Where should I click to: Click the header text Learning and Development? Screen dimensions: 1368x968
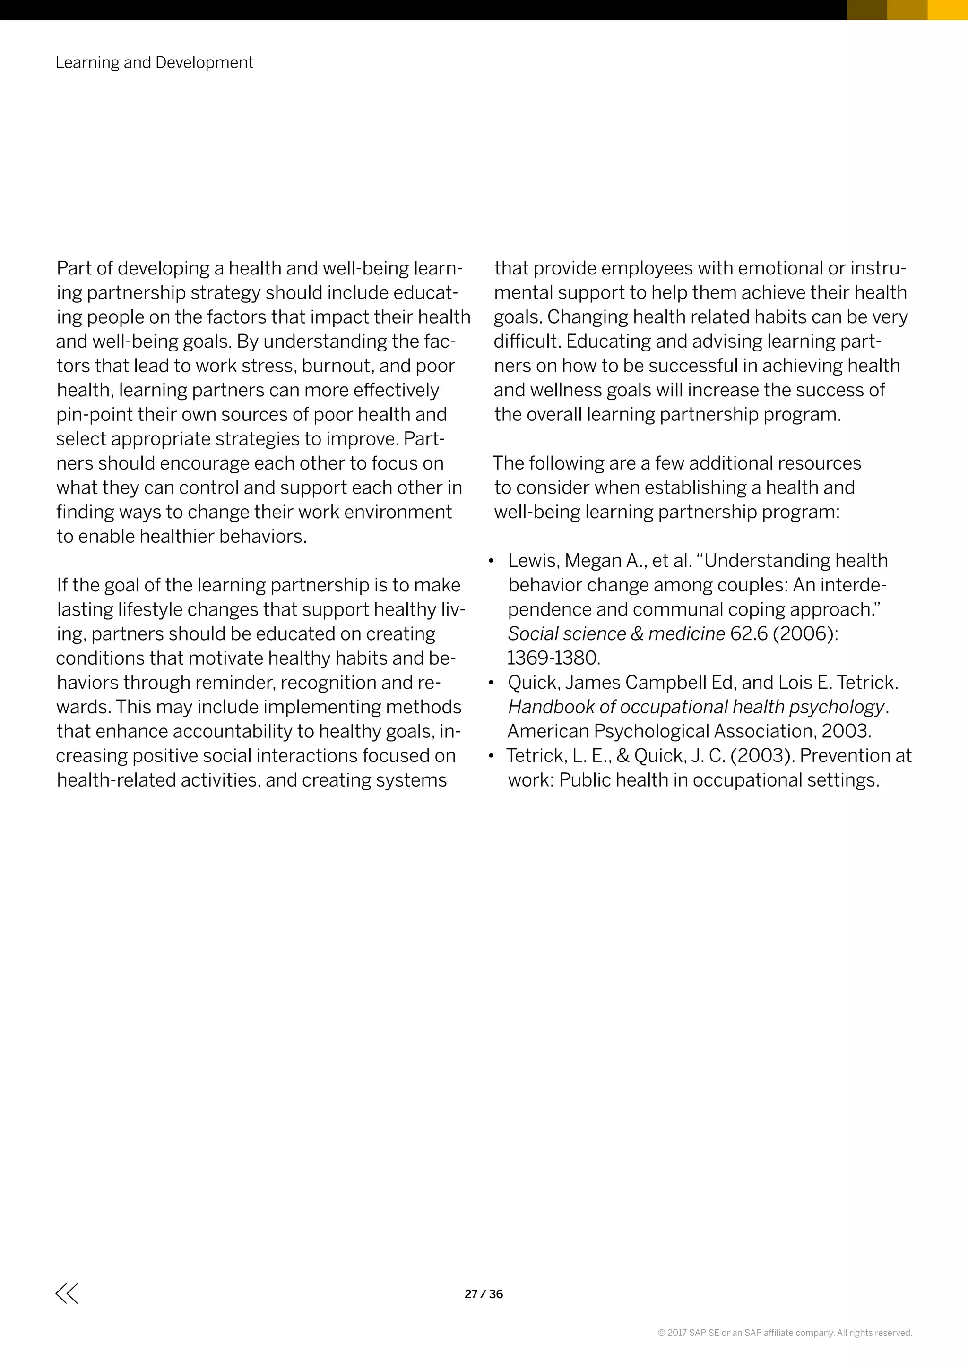(x=155, y=62)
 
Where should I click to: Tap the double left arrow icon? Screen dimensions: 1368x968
(x=67, y=1293)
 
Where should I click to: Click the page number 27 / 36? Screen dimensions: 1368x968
(x=484, y=1293)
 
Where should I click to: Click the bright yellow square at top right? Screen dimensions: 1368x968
(x=948, y=10)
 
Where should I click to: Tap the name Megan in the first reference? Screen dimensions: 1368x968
(x=593, y=561)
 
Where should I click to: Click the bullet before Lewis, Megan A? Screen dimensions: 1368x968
(x=491, y=561)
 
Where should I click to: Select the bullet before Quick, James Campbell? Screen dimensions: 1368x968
(x=491, y=683)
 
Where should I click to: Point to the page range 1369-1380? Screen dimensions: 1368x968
(x=553, y=658)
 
